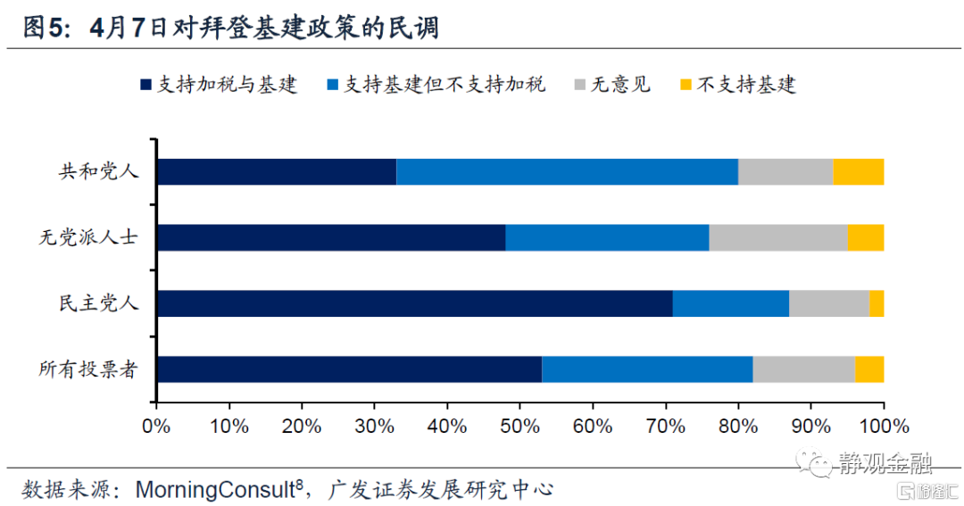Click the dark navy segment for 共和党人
tap(276, 171)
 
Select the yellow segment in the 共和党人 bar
tap(858, 171)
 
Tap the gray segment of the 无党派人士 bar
tap(777, 237)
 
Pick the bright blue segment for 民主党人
tap(731, 303)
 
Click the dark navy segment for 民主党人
tap(414, 303)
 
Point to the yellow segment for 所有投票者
tap(868, 369)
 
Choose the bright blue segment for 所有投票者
tap(647, 369)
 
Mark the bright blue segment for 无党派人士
tap(607, 237)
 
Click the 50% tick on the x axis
tap(519, 425)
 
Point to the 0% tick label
tap(156, 425)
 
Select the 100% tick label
tap(882, 425)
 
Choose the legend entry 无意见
tap(621, 86)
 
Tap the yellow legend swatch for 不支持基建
tap(686, 86)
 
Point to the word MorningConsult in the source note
tap(215, 489)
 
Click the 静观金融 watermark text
tap(885, 463)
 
